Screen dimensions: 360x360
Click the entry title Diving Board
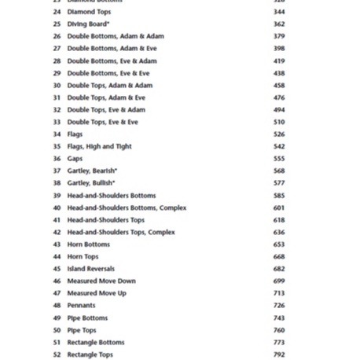tap(88, 24)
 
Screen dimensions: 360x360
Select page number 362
tap(279, 24)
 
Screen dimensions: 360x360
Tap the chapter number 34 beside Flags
tap(57, 134)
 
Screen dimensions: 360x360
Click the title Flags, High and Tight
tap(99, 146)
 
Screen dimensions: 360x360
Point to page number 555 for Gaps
tap(279, 159)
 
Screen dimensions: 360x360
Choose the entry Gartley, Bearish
tap(92, 171)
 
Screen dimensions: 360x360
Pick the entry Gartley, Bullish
tap(90, 183)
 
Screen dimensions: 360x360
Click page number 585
tap(279, 196)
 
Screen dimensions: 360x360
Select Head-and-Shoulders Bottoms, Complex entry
tap(127, 208)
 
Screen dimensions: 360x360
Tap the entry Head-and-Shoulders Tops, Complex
tap(121, 233)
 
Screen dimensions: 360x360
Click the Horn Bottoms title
tap(88, 244)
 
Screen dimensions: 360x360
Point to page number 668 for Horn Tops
tap(279, 257)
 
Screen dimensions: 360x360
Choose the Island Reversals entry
tap(90, 269)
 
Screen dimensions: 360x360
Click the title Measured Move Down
tap(101, 281)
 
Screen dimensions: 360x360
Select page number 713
tap(279, 293)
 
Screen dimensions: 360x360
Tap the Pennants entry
tap(81, 305)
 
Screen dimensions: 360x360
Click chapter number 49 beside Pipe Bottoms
tap(57, 318)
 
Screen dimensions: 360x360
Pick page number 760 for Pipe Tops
tap(279, 330)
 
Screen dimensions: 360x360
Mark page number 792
tap(279, 354)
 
